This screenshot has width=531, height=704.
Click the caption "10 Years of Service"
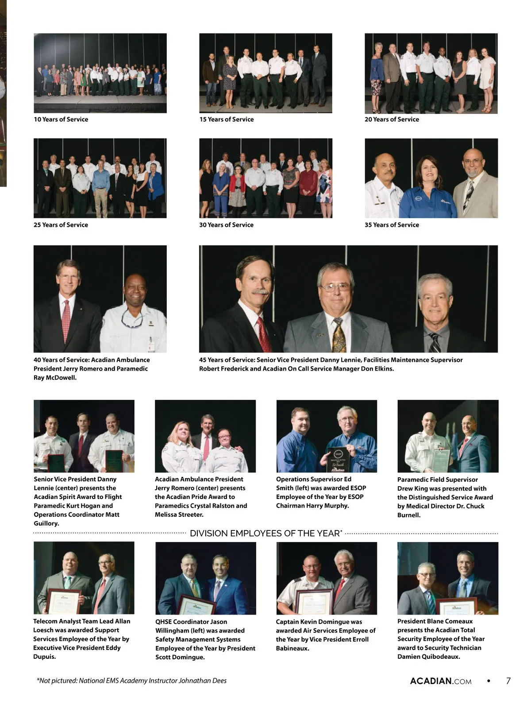(x=61, y=120)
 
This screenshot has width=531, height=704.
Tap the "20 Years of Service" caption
(x=392, y=120)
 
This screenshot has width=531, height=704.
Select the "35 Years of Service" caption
(x=392, y=225)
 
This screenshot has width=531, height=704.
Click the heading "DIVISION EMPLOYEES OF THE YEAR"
(x=265, y=534)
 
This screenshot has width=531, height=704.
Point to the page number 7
(x=508, y=681)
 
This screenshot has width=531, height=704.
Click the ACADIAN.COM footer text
(x=441, y=681)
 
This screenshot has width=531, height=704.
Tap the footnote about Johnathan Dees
(x=131, y=681)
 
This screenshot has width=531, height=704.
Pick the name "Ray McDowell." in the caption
(x=55, y=378)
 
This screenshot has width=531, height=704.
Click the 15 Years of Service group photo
(x=265, y=73)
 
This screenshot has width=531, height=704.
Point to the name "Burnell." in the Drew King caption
(x=409, y=515)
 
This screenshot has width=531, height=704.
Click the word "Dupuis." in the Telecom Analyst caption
(x=45, y=657)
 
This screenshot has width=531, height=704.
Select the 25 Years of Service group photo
(x=100, y=178)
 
